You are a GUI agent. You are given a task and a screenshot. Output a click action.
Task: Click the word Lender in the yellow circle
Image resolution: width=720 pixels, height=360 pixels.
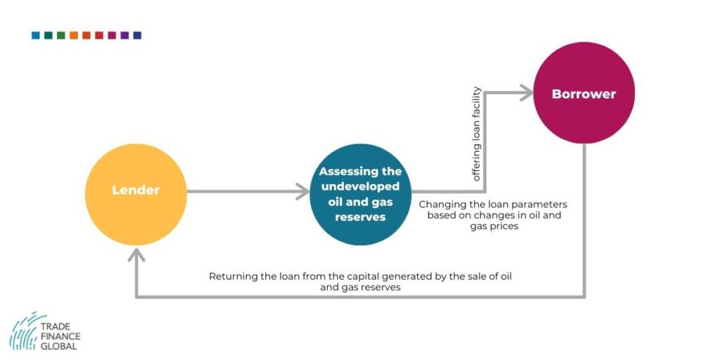(x=136, y=190)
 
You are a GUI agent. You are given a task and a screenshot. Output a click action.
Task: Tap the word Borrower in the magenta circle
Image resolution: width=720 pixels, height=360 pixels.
(x=584, y=94)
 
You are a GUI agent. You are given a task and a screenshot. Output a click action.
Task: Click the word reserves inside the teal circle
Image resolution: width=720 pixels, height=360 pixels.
(x=360, y=217)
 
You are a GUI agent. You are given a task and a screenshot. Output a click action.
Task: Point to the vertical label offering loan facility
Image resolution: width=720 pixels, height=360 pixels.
(x=477, y=134)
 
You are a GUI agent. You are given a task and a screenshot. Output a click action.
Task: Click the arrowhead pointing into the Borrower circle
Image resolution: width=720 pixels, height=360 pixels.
(x=525, y=91)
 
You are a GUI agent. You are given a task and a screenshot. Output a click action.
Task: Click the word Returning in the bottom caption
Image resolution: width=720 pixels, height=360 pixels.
(x=233, y=276)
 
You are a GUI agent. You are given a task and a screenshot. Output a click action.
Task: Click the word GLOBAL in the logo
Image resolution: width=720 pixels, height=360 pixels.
(x=59, y=346)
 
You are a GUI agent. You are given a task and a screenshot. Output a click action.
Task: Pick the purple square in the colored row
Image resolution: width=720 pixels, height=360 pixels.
(x=124, y=35)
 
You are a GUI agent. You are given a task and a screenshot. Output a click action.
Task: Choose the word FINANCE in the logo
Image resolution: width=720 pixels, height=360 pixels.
(x=60, y=337)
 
